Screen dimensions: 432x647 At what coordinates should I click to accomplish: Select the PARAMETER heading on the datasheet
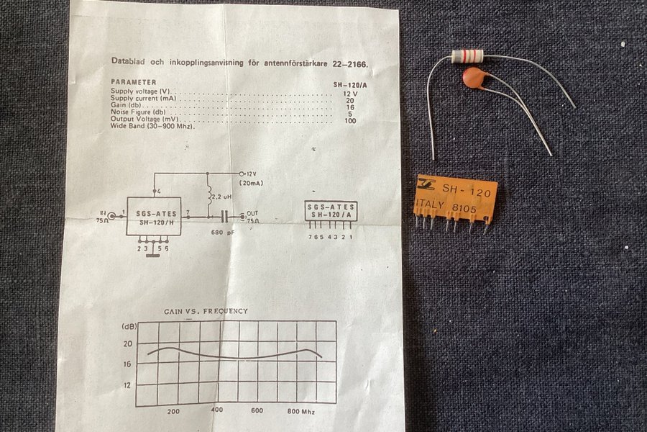[x=134, y=82]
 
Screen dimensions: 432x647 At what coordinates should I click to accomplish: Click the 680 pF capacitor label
[x=224, y=233]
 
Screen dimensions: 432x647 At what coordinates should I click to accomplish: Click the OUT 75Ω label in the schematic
[x=252, y=217]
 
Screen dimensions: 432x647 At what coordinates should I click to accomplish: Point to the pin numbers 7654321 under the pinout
[x=330, y=236]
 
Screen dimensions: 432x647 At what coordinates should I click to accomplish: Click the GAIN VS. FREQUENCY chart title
[x=205, y=311]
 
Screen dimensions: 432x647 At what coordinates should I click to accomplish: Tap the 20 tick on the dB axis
[x=127, y=344]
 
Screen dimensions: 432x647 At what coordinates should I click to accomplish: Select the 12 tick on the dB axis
[x=127, y=385]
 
